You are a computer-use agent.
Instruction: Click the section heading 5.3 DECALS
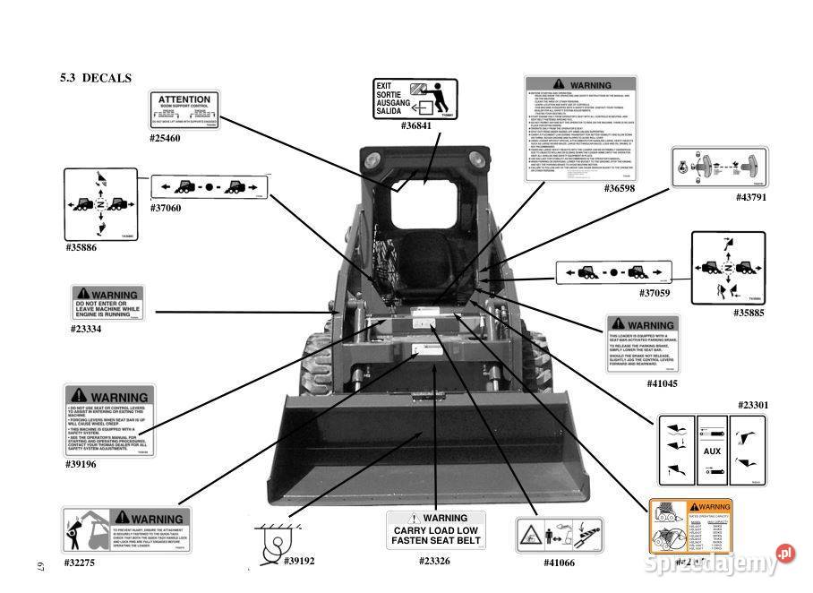[96, 78]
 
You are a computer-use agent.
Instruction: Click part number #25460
[165, 139]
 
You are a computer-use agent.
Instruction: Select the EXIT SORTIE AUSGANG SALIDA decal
[415, 99]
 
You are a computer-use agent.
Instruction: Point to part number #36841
[416, 126]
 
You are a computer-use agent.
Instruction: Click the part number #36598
[620, 188]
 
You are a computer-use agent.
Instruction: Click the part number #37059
[655, 293]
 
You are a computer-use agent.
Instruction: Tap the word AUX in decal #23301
[712, 451]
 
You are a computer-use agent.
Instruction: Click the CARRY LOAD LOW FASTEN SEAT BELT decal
[436, 530]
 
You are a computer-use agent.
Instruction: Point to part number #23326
[434, 562]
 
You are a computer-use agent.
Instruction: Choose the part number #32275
[80, 563]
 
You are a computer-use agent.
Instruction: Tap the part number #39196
[80, 464]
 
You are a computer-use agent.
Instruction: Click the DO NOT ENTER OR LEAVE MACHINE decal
[107, 304]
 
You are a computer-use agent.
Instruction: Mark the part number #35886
[81, 247]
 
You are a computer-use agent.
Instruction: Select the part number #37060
[165, 208]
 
